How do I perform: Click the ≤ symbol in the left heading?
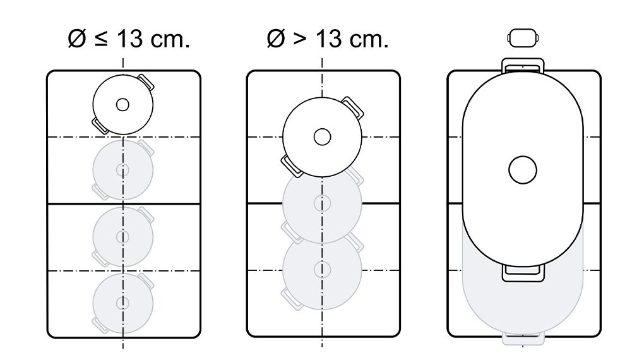pyautogui.click(x=100, y=39)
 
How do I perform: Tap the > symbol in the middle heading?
pyautogui.click(x=300, y=39)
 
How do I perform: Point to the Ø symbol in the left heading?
pyautogui.click(x=77, y=39)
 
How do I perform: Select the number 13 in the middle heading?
pyautogui.click(x=328, y=39)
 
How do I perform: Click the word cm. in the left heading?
pyautogui.click(x=170, y=40)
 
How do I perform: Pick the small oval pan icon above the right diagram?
pyautogui.click(x=523, y=39)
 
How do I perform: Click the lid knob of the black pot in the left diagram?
pyautogui.click(x=122, y=105)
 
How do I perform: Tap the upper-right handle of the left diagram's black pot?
pyautogui.click(x=146, y=81)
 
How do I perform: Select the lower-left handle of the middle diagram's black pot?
pyautogui.click(x=292, y=167)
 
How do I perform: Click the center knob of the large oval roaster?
pyautogui.click(x=522, y=170)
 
